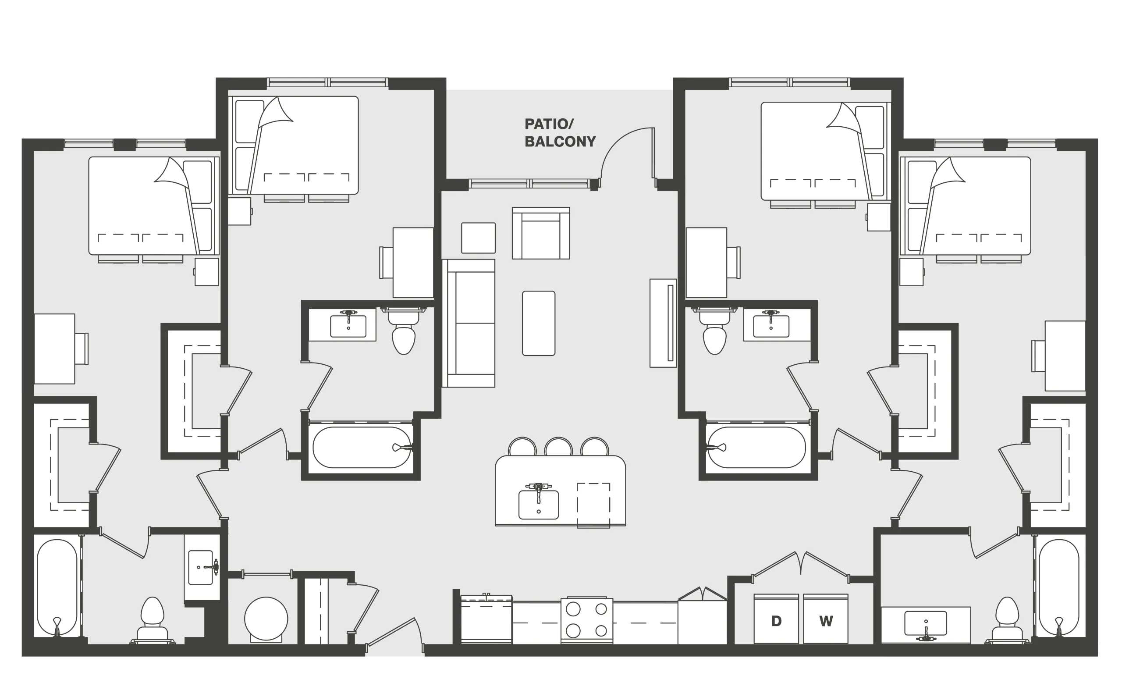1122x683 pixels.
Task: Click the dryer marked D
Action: [x=776, y=619]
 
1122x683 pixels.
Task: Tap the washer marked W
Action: [x=826, y=619]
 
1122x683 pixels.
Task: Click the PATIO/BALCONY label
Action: [x=560, y=132]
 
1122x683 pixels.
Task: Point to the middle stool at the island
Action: [x=558, y=447]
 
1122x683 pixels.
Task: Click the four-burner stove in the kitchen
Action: [x=586, y=621]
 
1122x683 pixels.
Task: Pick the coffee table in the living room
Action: [x=539, y=323]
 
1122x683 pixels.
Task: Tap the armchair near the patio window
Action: [x=541, y=233]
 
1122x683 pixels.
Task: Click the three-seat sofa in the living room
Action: [x=469, y=323]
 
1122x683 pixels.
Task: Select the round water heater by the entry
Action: [x=266, y=619]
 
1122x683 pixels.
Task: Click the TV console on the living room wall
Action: [x=663, y=323]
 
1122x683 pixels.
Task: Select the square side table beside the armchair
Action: [x=478, y=238]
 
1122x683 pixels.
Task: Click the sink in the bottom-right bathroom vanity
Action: [x=926, y=624]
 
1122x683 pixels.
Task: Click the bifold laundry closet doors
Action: [x=800, y=567]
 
